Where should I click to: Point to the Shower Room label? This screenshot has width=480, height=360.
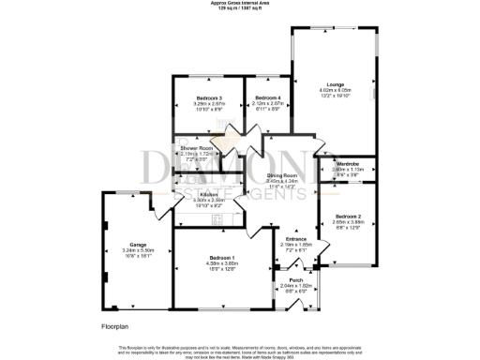pos(197,148)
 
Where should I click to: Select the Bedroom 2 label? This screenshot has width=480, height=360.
pos(348,217)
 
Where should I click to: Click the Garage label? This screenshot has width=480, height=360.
pos(131,247)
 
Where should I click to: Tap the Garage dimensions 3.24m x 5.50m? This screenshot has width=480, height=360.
pos(131,253)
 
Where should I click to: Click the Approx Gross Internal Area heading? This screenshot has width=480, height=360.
pos(240,4)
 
